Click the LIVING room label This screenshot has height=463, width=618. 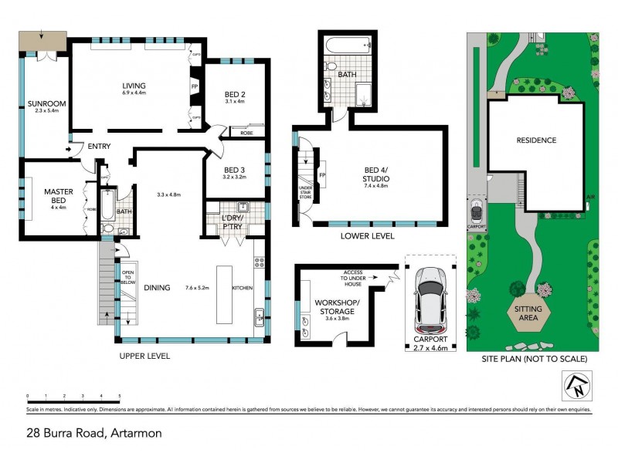coord(134,86)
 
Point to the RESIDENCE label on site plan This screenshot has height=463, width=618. coord(536,140)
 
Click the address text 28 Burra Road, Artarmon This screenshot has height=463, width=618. coord(92,434)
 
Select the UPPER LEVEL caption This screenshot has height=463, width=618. coord(144,357)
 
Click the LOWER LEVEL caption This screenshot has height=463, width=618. coord(367,236)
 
